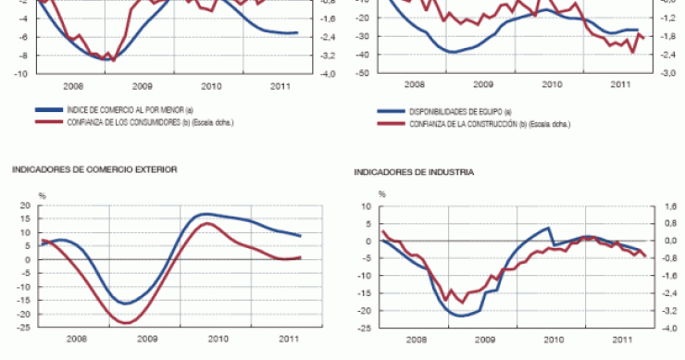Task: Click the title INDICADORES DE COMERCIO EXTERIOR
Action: click(x=94, y=169)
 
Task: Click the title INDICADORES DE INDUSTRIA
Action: click(x=414, y=171)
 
